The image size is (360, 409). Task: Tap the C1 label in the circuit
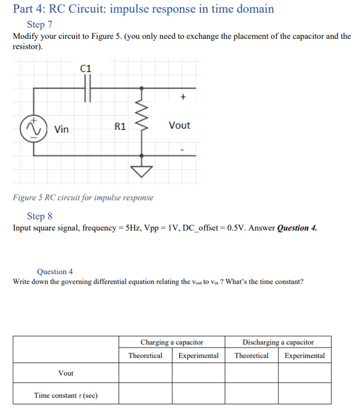[87, 69]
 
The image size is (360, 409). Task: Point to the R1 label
[120, 126]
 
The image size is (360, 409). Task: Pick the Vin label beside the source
[62, 129]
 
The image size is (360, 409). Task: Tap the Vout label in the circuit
[179, 125]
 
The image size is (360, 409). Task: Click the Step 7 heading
[40, 25]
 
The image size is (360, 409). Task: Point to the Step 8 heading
[40, 216]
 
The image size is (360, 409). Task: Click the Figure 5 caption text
[83, 198]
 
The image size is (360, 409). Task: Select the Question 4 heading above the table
[55, 272]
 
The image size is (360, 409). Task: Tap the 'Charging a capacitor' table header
[172, 342]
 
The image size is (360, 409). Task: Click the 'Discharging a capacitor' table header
[278, 342]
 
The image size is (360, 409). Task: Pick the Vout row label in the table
[65, 373]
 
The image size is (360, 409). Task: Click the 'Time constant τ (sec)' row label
[65, 395]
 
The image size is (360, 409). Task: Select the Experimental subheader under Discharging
[305, 356]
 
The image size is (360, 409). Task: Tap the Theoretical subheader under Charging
[145, 356]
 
